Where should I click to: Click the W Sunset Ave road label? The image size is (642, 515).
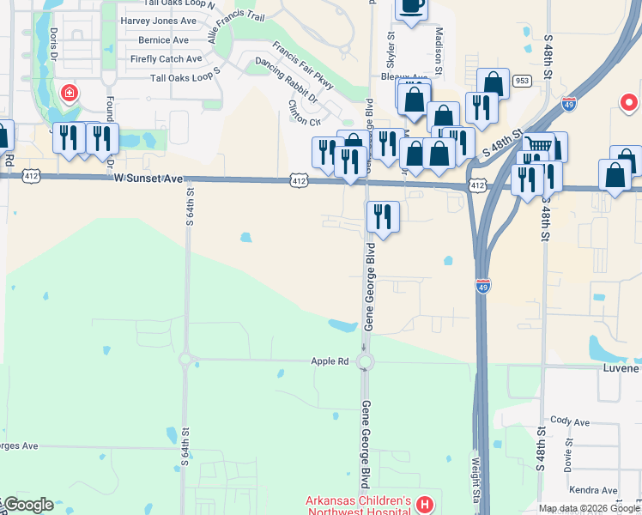pos(148,179)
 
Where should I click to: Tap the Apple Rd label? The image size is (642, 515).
pos(330,361)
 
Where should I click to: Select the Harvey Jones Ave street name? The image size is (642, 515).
pos(159,21)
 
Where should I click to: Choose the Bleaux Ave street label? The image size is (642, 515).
pos(421,76)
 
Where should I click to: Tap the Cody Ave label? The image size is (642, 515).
pos(571,421)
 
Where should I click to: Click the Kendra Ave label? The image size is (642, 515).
pos(597,490)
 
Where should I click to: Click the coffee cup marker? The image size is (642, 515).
pos(411,7)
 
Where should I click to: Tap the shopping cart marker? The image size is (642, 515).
pos(539,146)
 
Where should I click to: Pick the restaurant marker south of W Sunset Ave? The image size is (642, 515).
pos(382,216)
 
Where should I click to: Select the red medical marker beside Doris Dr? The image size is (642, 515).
pos(68,92)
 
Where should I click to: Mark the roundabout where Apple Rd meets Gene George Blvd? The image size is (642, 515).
pos(366,361)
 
